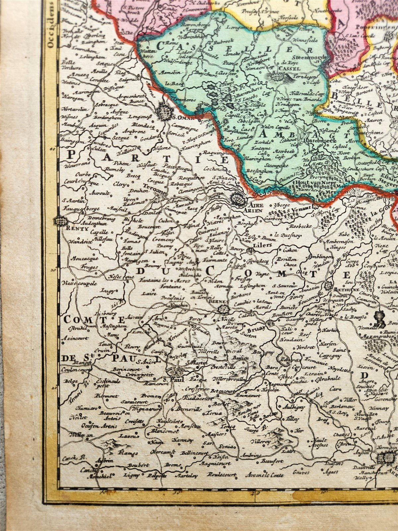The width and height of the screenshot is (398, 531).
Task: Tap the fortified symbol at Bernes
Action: click(x=224, y=309)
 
